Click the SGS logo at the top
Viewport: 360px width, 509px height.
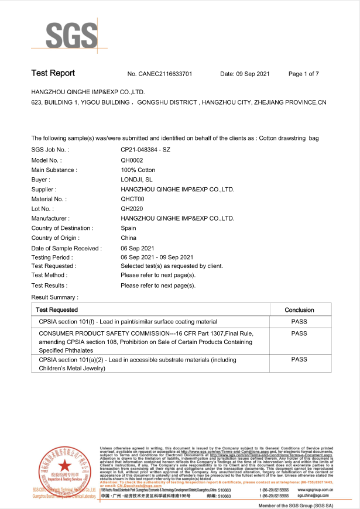pyautogui.click(x=64, y=36)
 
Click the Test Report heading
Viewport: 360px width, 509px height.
pyautogui.click(x=53, y=73)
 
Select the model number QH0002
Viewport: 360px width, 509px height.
pyautogui.click(x=132, y=160)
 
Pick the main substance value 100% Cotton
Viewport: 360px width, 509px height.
pyautogui.click(x=138, y=170)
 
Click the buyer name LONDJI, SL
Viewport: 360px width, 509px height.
pyautogui.click(x=136, y=180)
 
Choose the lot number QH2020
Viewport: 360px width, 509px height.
pyautogui.click(x=132, y=208)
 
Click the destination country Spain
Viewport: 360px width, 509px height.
pyautogui.click(x=128, y=228)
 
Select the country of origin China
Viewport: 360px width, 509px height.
pyautogui.click(x=128, y=238)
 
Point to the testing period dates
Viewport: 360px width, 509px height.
pyautogui.click(x=157, y=257)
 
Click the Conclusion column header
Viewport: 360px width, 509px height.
pyautogui.click(x=299, y=310)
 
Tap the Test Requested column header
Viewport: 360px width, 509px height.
pyautogui.click(x=56, y=310)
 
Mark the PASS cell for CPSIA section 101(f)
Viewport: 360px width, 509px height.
pyautogui.click(x=299, y=322)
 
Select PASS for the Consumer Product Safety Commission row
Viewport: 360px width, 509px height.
pyautogui.click(x=299, y=333)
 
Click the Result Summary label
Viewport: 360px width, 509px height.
pyautogui.click(x=54, y=297)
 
